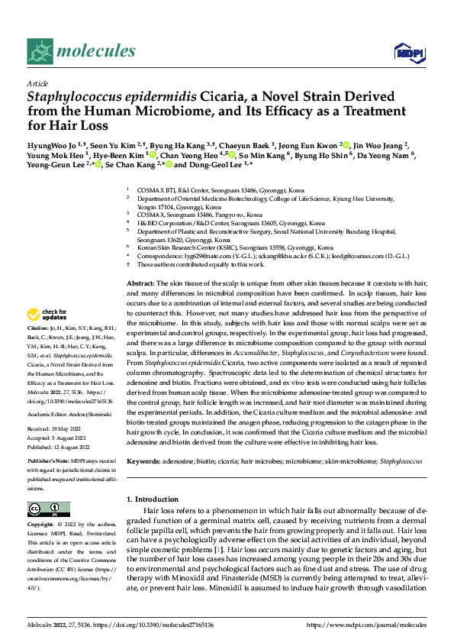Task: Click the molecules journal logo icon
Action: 40,51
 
